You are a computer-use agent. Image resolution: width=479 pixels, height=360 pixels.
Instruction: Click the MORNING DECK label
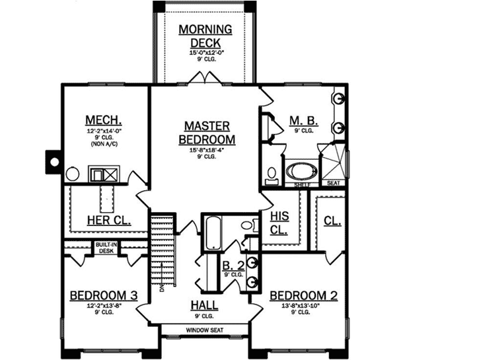pos(205,36)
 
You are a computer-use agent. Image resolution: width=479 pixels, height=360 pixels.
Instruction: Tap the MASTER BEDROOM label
pos(207,132)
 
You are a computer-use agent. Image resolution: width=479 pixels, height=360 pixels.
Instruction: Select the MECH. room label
pos(104,120)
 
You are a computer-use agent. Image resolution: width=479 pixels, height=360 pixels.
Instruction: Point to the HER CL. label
pos(109,220)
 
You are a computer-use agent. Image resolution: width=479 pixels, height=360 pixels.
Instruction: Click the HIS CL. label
pos(280,223)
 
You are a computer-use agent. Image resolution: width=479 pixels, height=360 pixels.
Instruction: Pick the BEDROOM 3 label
pos(104,295)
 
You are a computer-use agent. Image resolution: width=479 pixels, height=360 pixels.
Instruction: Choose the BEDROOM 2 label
pos(303,295)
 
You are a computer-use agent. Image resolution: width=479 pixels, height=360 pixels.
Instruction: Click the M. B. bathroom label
pos(303,120)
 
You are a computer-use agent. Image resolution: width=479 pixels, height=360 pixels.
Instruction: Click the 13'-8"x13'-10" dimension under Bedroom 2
pos(303,306)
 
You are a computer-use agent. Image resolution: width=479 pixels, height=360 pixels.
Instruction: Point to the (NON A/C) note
pos(104,143)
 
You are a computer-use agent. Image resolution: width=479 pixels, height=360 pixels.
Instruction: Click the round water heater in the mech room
pos(73,175)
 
